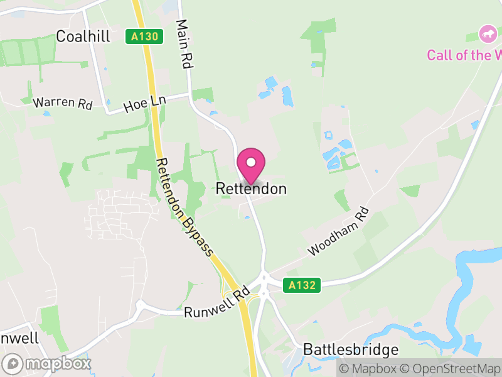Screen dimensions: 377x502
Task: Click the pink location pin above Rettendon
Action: (251, 163)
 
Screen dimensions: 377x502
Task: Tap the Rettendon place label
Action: (251, 188)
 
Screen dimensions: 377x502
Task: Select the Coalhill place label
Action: (83, 36)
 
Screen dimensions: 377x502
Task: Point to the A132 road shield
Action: (301, 286)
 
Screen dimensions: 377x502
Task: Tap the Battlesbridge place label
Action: (351, 349)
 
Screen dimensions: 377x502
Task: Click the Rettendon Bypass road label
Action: (184, 207)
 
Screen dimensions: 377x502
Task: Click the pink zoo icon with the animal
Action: (487, 33)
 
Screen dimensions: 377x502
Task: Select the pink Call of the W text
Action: (464, 55)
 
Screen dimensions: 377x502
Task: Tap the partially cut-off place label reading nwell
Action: (19, 338)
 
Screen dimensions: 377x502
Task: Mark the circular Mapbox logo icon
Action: (13, 363)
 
